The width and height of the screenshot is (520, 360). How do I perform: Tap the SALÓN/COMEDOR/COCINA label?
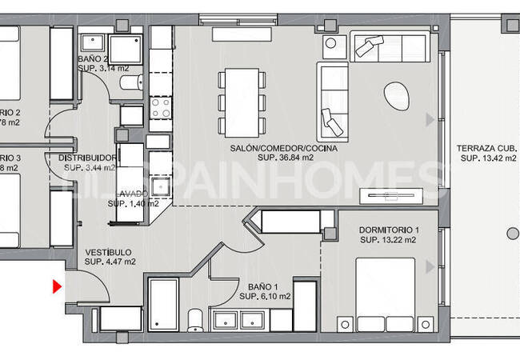point(283,149)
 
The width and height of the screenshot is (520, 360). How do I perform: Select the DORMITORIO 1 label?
point(388,230)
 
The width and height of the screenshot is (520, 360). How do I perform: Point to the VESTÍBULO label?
point(110,252)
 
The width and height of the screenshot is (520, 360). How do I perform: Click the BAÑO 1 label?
point(263,287)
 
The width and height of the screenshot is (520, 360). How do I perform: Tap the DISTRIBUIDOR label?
point(89,158)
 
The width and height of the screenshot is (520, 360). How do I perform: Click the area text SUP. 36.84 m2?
point(286,158)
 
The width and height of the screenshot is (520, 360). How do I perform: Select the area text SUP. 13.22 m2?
point(388,240)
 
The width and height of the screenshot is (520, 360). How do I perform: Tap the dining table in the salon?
point(242,101)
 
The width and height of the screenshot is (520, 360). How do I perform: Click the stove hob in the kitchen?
point(160,106)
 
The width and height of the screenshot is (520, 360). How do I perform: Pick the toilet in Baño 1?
point(194,322)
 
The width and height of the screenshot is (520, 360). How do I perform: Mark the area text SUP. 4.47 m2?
point(110,262)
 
